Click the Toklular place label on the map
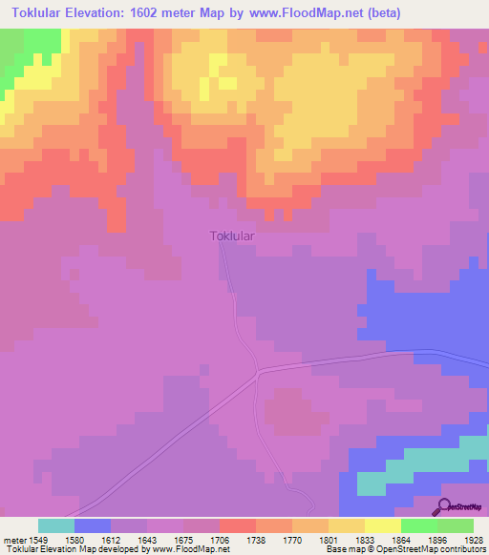pyautogui.click(x=231, y=235)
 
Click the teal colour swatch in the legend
pyautogui.click(x=55, y=525)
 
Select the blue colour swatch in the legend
pyautogui.click(x=92, y=525)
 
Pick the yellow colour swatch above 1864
pyautogui.click(x=382, y=525)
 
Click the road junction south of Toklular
pyautogui.click(x=257, y=373)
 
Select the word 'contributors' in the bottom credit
pyautogui.click(x=462, y=550)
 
